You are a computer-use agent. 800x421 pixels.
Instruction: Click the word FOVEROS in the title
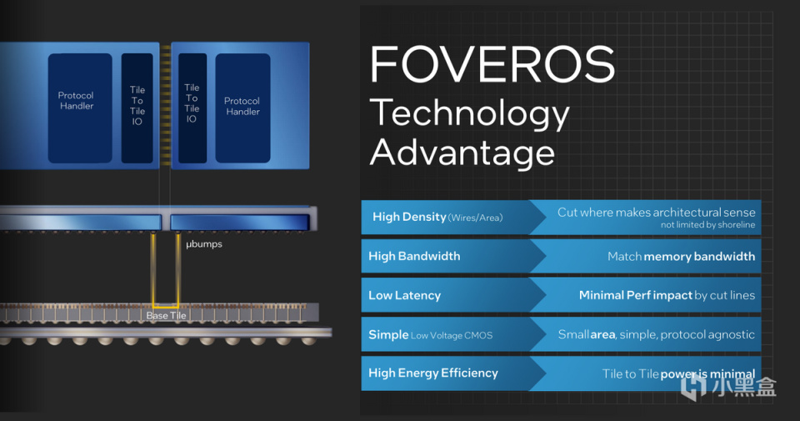(492, 64)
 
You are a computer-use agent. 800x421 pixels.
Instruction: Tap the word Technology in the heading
(469, 114)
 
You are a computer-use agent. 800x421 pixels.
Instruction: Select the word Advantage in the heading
(462, 153)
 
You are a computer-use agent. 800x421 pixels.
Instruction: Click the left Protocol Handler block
(80, 108)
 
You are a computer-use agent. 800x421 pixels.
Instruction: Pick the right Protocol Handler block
(242, 108)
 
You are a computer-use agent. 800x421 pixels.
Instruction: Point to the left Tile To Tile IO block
(137, 108)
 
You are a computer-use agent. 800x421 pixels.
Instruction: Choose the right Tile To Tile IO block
(192, 108)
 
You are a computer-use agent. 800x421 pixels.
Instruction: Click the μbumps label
(204, 244)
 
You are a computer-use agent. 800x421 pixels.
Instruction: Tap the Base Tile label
(167, 315)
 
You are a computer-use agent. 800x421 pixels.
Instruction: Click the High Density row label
(409, 217)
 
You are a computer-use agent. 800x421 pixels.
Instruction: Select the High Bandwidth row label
(414, 256)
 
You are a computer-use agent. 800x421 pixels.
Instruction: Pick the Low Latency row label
(405, 295)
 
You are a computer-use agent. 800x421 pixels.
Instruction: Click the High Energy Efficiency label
(433, 373)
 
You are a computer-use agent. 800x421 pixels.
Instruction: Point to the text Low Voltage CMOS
(452, 335)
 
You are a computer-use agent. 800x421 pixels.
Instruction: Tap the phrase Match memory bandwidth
(681, 256)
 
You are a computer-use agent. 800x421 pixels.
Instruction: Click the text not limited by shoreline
(707, 224)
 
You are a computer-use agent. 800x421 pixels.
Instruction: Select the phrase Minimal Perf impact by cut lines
(667, 295)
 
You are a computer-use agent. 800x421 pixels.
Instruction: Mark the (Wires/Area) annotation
(475, 218)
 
